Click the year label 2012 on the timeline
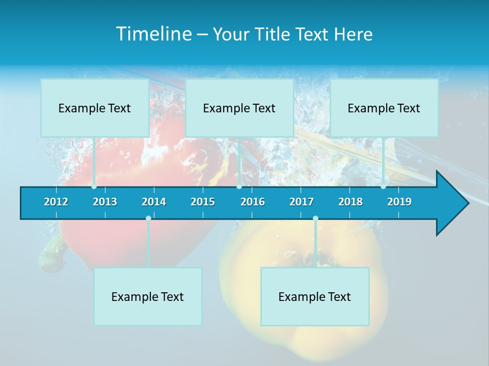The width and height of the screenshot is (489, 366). (x=56, y=202)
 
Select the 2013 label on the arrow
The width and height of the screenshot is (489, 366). (x=105, y=202)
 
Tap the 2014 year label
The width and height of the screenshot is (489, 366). (x=154, y=202)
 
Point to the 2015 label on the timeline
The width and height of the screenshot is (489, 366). (x=203, y=202)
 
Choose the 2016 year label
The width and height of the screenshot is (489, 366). (x=253, y=202)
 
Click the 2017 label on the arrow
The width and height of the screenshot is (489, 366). (x=302, y=202)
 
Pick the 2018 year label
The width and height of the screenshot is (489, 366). (x=350, y=202)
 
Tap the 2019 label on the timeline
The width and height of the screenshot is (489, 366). (x=399, y=202)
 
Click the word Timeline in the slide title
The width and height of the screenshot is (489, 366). (x=153, y=34)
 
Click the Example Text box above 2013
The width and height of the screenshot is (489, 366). (x=95, y=108)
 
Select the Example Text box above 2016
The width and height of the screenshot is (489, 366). (x=239, y=108)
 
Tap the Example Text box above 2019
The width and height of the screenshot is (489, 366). (x=384, y=108)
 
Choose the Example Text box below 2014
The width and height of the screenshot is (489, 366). (x=148, y=296)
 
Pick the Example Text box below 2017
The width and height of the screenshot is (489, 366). (x=315, y=296)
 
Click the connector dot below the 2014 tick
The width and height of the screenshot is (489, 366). (x=148, y=219)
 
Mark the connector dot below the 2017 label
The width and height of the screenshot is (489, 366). (x=315, y=219)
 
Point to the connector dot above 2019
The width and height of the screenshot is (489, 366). (x=383, y=187)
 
